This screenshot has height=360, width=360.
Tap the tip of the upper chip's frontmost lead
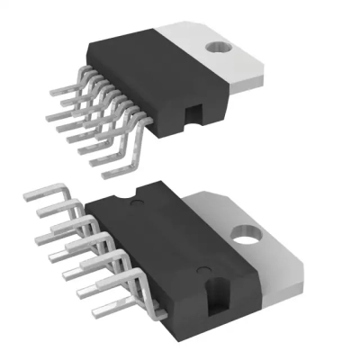point(106,173)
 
